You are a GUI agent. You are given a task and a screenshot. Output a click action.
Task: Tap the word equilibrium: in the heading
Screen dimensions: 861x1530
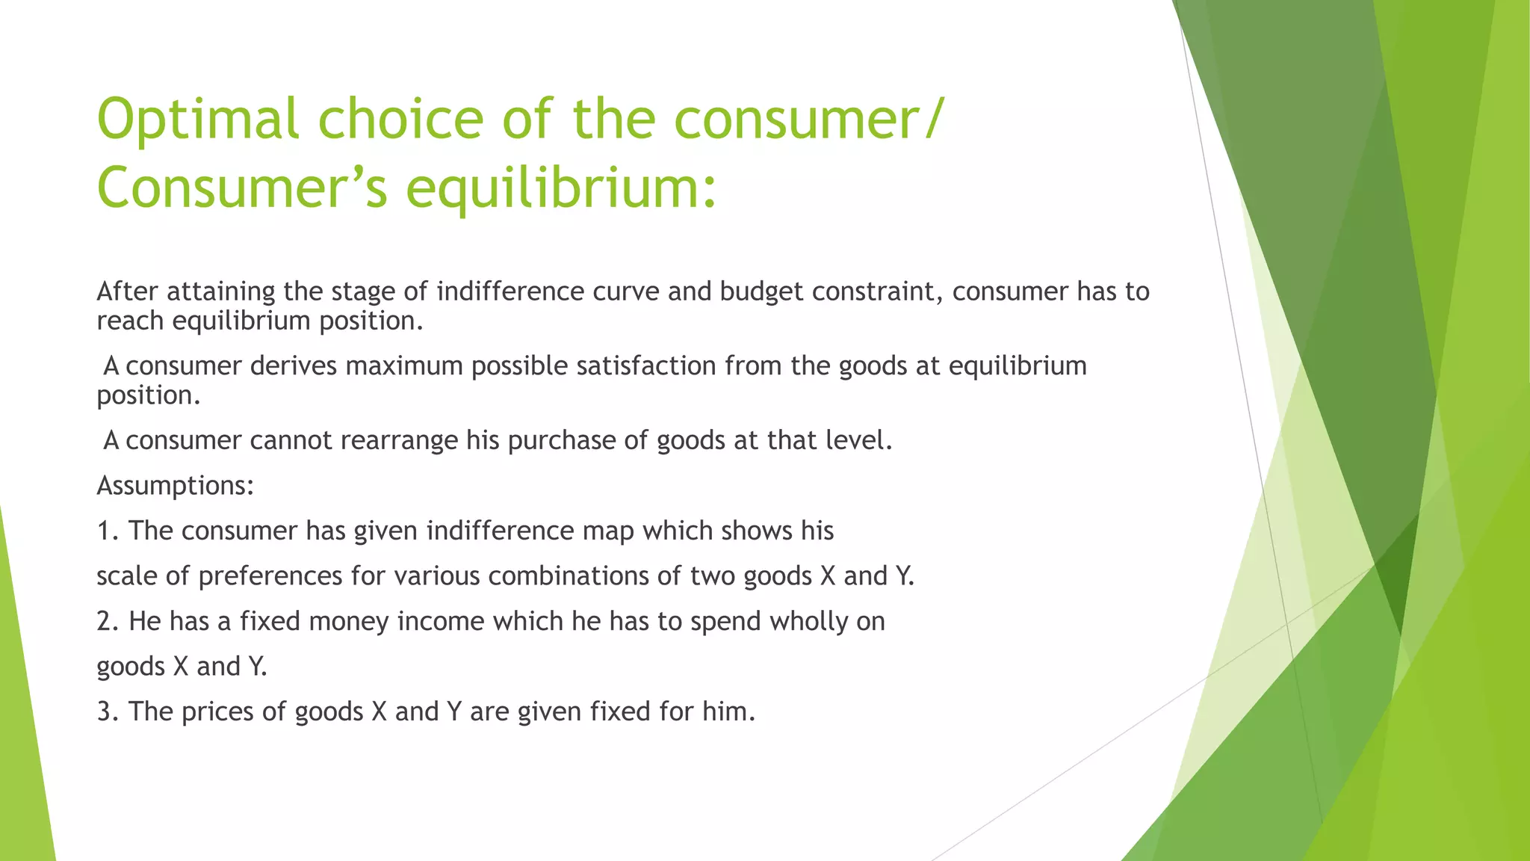tap(561, 188)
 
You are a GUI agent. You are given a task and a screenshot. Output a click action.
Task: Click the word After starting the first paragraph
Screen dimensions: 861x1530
tap(128, 291)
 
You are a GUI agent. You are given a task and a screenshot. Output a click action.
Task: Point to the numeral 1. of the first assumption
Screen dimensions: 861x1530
tap(108, 531)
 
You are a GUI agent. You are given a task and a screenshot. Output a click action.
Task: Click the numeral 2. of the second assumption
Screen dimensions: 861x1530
tap(108, 622)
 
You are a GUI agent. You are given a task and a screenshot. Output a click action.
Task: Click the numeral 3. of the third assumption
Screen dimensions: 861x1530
tap(108, 712)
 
